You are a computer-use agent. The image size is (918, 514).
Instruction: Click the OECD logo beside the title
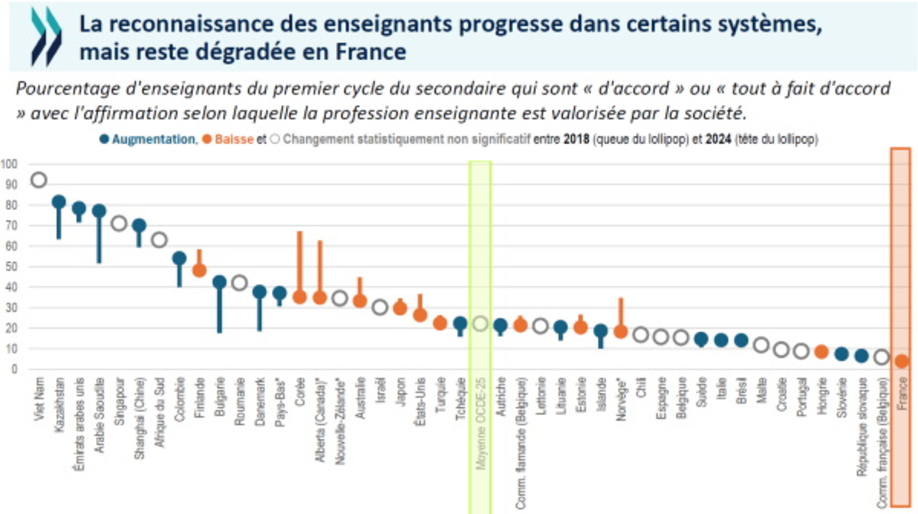click(46, 37)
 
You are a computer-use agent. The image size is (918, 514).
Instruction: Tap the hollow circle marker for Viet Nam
click(39, 180)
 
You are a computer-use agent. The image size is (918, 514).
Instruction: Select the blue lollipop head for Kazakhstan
click(59, 202)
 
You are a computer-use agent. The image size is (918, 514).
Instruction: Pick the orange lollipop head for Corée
click(300, 297)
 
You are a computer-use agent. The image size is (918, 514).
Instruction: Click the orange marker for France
click(902, 361)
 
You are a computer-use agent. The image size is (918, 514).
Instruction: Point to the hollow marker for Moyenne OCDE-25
click(480, 323)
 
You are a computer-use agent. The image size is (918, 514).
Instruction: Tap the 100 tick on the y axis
click(9, 164)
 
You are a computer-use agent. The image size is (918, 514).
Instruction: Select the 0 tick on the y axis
click(14, 369)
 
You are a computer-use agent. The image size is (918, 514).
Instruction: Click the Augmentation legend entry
click(153, 139)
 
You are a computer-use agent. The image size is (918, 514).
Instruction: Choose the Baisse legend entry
click(234, 139)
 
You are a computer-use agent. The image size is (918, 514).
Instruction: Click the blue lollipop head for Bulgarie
click(219, 282)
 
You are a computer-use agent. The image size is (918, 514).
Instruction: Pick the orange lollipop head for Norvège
click(620, 332)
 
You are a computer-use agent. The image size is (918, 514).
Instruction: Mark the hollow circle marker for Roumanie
click(240, 283)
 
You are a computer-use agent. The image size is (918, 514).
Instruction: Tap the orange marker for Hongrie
click(821, 352)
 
